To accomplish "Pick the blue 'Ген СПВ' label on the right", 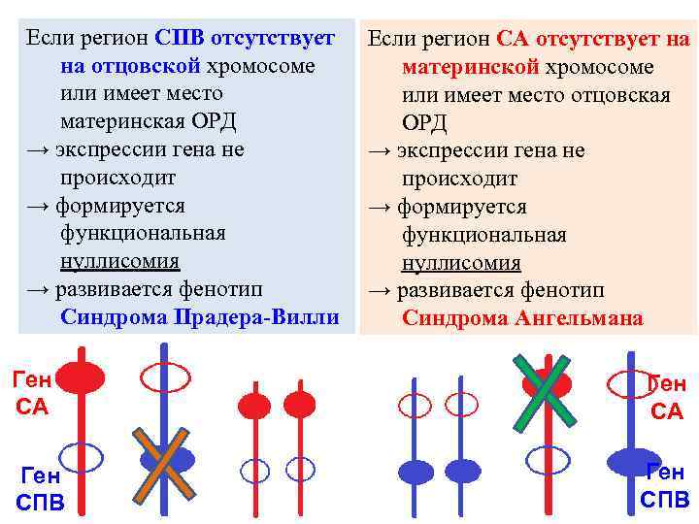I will pyautogui.click(x=665, y=486).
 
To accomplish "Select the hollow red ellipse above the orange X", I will pyautogui.click(x=165, y=375).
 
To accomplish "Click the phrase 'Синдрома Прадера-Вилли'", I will pyautogui.click(x=200, y=317).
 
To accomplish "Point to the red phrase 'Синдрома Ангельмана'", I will pyautogui.click(x=522, y=318).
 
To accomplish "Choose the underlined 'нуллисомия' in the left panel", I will pyautogui.click(x=119, y=262).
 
